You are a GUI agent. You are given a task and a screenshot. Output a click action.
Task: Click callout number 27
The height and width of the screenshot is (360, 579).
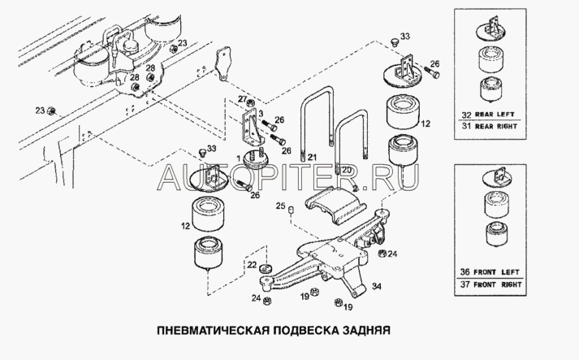coord(240,100)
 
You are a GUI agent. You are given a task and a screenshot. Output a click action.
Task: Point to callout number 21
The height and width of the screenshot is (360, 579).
coord(312,157)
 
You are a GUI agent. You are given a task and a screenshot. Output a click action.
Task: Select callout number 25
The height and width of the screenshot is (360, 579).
coord(279,207)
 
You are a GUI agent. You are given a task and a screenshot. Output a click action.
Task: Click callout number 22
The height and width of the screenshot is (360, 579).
coord(253,265)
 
